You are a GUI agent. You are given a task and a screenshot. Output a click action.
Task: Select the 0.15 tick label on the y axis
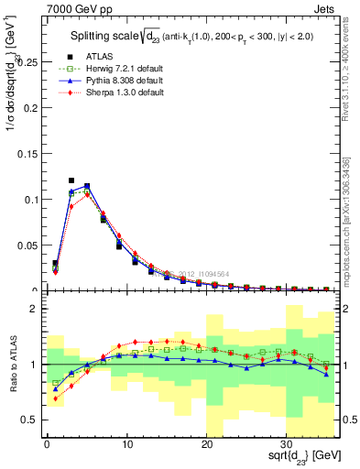click(27, 154)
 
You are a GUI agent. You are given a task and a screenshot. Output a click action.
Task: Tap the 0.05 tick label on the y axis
click(27, 245)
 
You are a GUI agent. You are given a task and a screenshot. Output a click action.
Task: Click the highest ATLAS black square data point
click(71, 180)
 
